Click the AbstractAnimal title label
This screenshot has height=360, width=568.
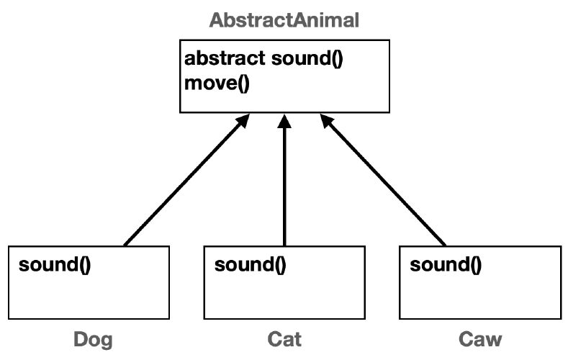tap(284, 19)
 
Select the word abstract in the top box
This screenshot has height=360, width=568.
tap(225, 58)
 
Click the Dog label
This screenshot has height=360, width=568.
tap(94, 338)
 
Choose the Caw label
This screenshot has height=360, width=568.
tap(480, 338)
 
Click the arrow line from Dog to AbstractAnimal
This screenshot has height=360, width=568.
tap(184, 184)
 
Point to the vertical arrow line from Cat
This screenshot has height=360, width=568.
tap(284, 187)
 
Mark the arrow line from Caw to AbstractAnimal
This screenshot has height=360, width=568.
tap(385, 184)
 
